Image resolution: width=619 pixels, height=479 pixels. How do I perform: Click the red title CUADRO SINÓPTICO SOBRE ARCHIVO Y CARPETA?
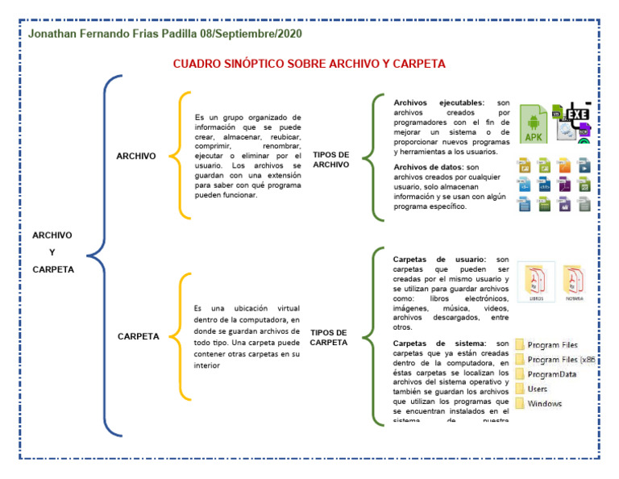pyautogui.click(x=309, y=64)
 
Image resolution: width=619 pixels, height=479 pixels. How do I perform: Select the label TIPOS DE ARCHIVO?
pyautogui.click(x=330, y=159)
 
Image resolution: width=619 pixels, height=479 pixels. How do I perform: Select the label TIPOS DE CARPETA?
pyautogui.click(x=328, y=337)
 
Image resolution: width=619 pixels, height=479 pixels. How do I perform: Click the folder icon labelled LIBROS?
pyautogui.click(x=536, y=281)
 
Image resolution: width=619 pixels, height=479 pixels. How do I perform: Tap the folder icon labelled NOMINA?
pyautogui.click(x=574, y=281)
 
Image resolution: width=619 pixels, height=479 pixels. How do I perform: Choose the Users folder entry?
pyautogui.click(x=537, y=389)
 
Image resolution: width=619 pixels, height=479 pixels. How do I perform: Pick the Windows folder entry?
pyautogui.click(x=545, y=403)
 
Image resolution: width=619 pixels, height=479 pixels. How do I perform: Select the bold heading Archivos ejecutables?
pyautogui.click(x=438, y=103)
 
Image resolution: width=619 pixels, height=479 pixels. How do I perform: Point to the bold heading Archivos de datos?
pyautogui.click(x=428, y=167)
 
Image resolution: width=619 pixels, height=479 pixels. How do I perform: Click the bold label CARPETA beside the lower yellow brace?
pyautogui.click(x=138, y=336)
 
